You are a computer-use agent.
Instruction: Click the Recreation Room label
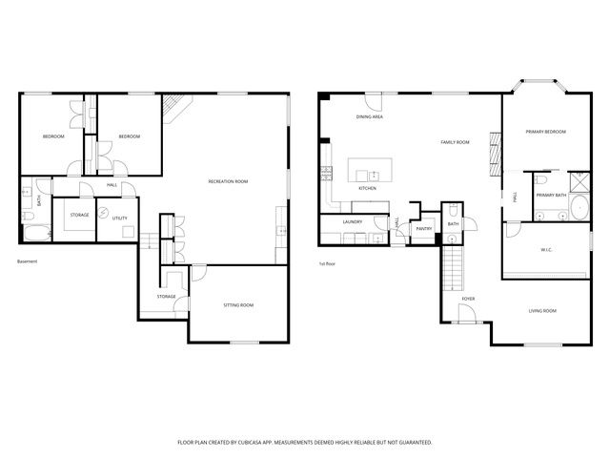pos(228,180)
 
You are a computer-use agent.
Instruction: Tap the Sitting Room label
pos(238,305)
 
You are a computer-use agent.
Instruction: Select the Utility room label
pos(119,219)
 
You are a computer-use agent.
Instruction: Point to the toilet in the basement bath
pos(27,185)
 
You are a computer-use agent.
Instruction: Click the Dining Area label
pos(370,116)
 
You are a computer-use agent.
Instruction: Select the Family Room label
pos(455,142)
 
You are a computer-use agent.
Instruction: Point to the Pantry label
pos(424,228)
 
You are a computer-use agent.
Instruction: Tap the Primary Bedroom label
pos(547,132)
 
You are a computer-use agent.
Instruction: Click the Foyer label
pos(468,299)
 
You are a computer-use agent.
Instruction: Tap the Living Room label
pos(543,311)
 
